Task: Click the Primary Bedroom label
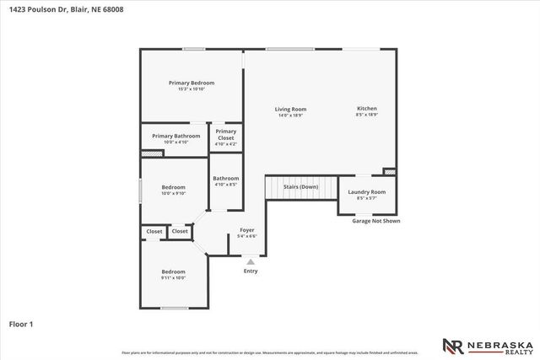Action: (192, 83)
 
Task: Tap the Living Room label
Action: (290, 109)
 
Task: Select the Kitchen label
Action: (367, 109)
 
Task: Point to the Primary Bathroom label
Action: (176, 136)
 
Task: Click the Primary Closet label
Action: (226, 134)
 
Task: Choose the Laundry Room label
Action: (366, 192)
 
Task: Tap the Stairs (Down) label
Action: (301, 186)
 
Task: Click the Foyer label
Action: (247, 230)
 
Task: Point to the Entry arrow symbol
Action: (251, 262)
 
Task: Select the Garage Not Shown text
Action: (376, 221)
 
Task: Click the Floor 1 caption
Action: (21, 323)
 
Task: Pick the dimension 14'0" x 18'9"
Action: (290, 115)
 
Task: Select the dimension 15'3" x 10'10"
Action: (192, 89)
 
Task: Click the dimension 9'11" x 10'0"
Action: (174, 277)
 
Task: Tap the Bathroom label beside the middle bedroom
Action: (226, 178)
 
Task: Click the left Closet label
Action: (154, 231)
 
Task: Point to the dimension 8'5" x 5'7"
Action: (366, 198)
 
